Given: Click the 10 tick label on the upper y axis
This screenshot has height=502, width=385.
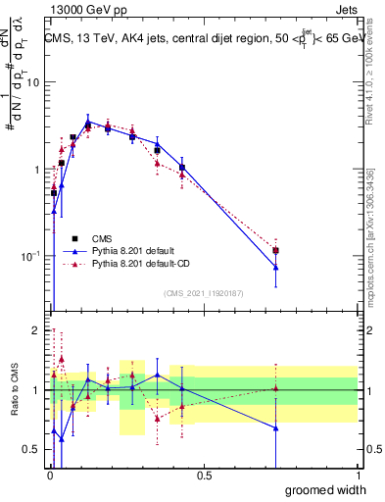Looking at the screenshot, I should click(32, 82).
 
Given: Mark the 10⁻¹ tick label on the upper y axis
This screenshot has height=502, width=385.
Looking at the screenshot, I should click(30, 256).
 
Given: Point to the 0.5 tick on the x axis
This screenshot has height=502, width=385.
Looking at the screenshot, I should click(204, 477).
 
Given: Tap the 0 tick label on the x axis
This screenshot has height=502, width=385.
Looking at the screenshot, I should click(49, 477).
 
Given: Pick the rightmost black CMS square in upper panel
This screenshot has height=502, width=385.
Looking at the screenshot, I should click(276, 251).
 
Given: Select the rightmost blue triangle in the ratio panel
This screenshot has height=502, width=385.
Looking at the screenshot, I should click(276, 428).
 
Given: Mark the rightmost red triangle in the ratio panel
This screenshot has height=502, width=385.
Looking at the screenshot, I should click(276, 388).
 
